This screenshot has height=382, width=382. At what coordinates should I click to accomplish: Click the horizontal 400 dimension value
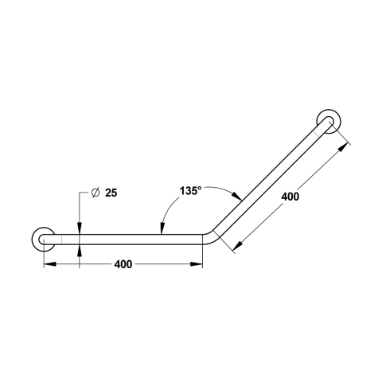(x=123, y=264)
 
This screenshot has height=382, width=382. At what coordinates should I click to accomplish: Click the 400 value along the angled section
(x=290, y=197)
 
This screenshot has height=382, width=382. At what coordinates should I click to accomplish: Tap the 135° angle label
(x=190, y=191)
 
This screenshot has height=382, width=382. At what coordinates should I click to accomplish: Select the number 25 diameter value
(x=111, y=193)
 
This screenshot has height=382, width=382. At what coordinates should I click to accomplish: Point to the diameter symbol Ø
(x=95, y=193)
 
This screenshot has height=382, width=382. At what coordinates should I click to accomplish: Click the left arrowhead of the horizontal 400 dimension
(x=50, y=264)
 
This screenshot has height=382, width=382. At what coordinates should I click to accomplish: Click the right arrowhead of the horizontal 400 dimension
(x=197, y=264)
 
